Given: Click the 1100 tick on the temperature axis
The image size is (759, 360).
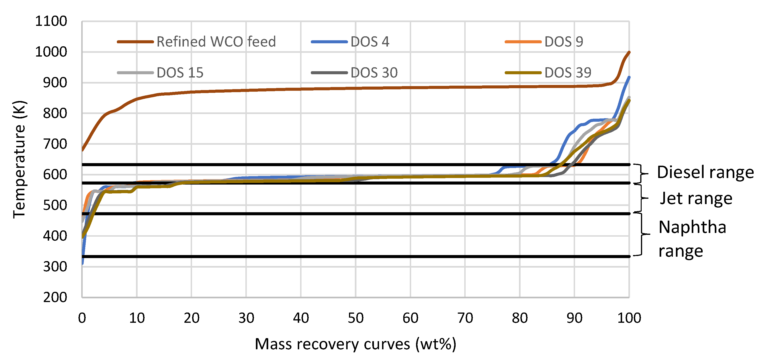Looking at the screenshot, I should tap(51, 21).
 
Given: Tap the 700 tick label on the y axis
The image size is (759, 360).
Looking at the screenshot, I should tap(55, 144).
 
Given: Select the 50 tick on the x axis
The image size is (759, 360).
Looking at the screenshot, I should tap(356, 318).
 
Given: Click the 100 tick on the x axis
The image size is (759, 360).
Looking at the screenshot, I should tap(629, 318).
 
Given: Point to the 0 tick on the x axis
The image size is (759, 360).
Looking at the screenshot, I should tap(82, 318).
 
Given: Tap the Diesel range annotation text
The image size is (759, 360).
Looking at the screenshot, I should tap(705, 172).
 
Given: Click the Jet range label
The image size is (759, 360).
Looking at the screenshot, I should tap(696, 198).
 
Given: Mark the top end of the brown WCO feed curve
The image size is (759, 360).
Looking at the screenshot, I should tap(629, 52).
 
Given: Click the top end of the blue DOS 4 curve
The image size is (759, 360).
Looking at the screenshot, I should tap(629, 77).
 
